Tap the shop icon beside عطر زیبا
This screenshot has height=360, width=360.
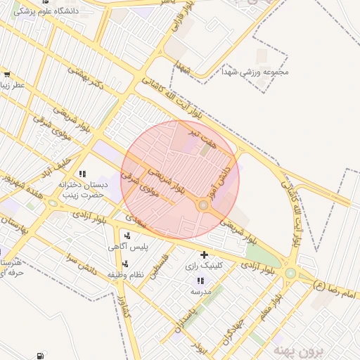click(x=7, y=75)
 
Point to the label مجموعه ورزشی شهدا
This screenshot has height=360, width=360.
click(x=256, y=72)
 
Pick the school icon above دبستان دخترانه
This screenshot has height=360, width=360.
click(x=82, y=174)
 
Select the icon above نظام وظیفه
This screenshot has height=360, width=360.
click(x=125, y=264)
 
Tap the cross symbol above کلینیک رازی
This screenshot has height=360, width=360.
click(x=204, y=255)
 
